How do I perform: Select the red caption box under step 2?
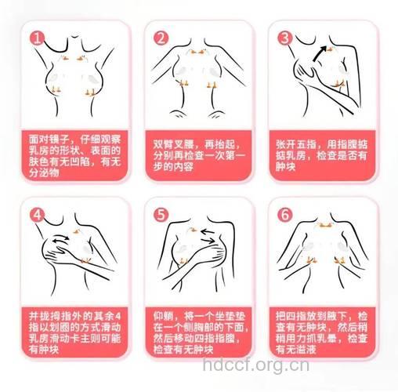click(x=200, y=155)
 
